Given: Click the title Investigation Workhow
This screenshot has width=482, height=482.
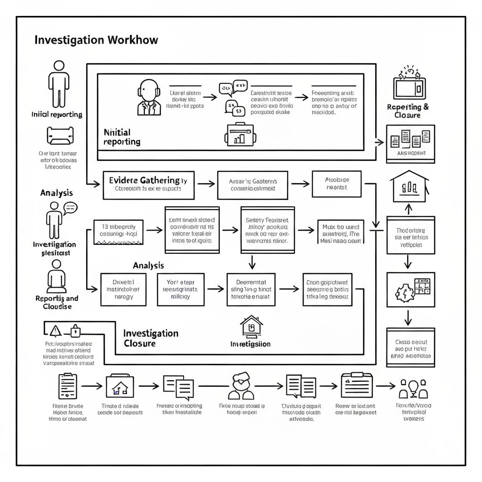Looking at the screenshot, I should coord(96,40).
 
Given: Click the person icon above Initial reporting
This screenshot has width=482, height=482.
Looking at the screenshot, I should coord(59,84).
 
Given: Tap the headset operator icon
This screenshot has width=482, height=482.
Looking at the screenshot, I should coord(149,98).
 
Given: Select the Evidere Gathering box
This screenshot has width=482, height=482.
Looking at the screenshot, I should coord(148,185).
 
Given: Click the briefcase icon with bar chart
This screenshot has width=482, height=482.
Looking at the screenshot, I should coord(241,134).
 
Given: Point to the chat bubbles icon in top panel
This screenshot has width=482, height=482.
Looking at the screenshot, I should coord(233,98).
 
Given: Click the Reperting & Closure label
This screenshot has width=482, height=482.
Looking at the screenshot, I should coord(408,111).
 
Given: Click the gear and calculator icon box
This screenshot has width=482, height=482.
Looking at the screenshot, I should coord(410,289).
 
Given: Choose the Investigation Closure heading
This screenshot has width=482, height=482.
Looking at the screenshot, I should coord(151,338).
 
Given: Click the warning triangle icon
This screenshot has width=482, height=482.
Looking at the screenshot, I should coord(56,330).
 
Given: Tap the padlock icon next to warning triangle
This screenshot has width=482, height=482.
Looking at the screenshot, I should coord(75,330).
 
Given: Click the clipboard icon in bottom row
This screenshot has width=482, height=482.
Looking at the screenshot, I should coord(68,386).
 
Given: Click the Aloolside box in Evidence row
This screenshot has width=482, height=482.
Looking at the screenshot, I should coord(337,184).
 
